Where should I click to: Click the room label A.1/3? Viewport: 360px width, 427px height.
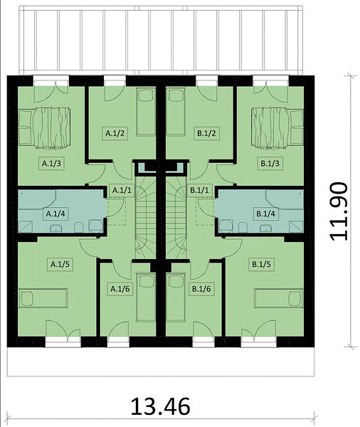51,164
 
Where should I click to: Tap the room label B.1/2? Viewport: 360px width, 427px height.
207,134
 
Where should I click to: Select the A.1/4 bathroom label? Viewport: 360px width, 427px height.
55,213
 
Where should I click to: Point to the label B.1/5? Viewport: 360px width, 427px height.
261,264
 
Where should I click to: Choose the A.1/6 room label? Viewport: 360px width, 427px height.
120,289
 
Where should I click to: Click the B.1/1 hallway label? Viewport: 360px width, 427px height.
200,190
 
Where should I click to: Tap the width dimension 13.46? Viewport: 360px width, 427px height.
160,407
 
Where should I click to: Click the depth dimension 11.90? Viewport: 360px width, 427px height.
339,211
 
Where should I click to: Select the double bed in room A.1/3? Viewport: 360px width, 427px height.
44,128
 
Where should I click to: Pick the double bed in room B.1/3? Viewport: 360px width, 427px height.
277,128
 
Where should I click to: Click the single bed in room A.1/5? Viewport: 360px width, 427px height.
43,298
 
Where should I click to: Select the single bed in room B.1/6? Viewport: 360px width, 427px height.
175,297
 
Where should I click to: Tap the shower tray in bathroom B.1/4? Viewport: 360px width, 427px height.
296,227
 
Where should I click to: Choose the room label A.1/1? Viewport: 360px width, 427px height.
122,190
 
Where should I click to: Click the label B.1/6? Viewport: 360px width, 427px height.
201,289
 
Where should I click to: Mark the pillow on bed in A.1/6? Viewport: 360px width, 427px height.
146,281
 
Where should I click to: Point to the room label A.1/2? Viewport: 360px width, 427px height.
115,134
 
